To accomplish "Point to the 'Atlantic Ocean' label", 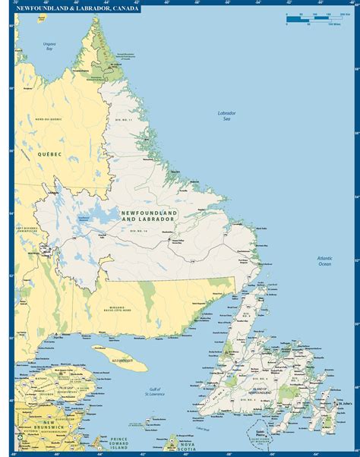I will point(324,261).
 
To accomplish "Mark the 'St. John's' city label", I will point(346,403).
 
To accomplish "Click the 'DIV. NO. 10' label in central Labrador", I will point(139,229).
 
